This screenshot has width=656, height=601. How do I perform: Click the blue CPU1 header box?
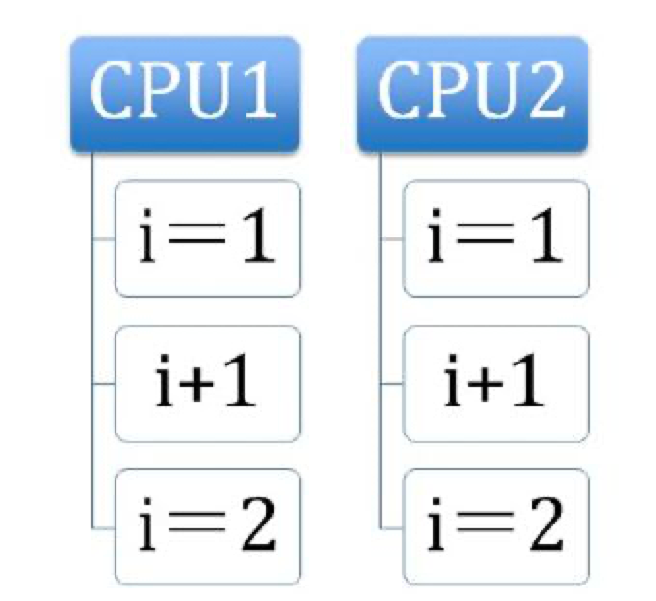(183, 94)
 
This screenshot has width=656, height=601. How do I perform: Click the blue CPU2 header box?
(473, 94)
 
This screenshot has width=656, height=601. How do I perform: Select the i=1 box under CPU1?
(207, 238)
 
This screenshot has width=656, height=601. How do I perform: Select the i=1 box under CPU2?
(495, 238)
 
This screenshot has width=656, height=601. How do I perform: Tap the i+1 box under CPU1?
(207, 383)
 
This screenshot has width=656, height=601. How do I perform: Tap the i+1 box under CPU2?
(495, 383)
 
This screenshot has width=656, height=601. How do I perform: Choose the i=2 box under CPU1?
(207, 525)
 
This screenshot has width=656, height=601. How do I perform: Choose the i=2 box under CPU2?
(495, 525)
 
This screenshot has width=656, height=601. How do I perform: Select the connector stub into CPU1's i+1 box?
(104, 384)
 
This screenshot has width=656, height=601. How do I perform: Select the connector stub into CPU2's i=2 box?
(392, 528)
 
